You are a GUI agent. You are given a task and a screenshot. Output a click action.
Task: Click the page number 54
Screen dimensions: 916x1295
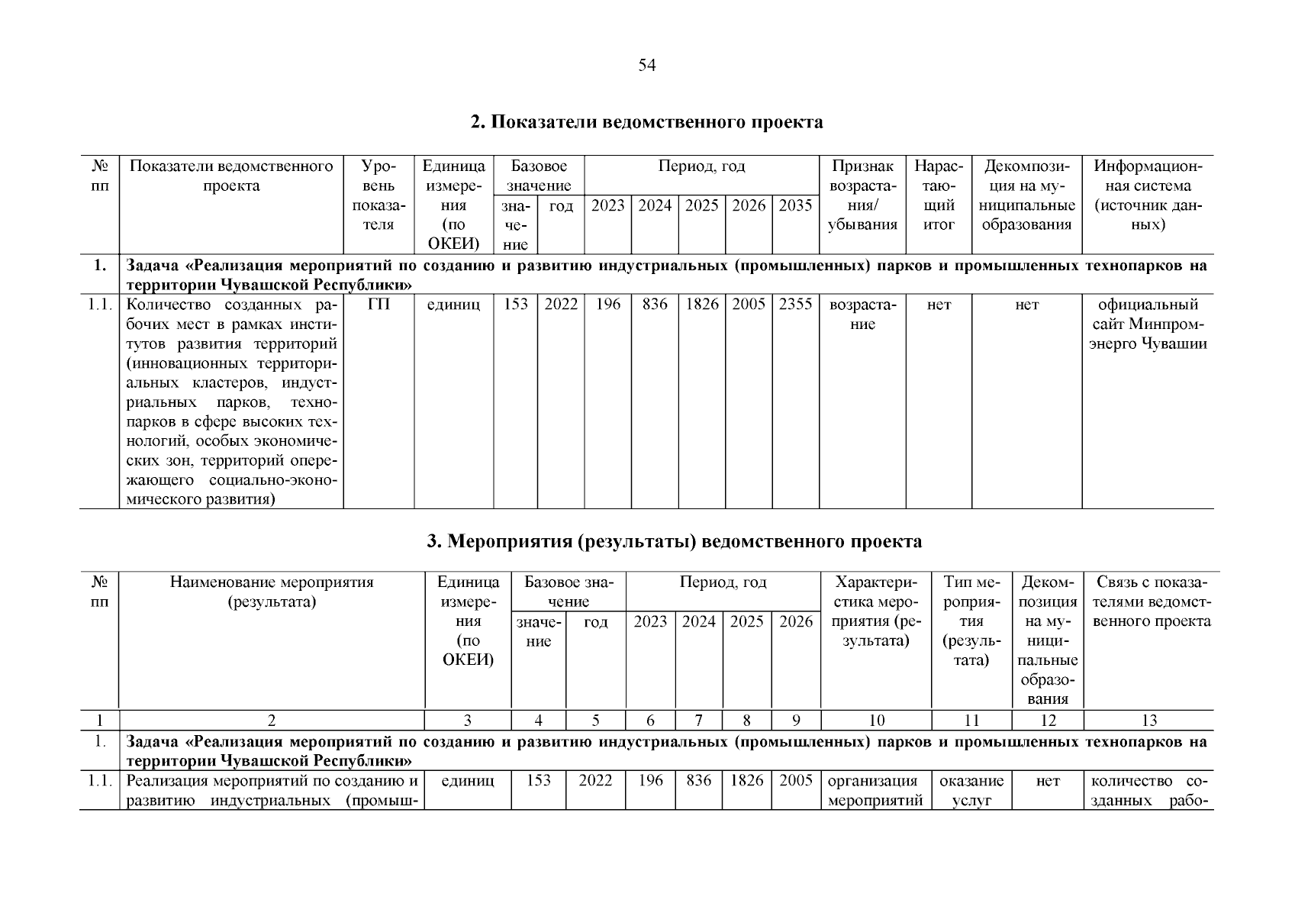647,66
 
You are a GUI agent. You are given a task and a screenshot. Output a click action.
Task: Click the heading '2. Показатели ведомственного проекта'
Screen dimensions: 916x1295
647,122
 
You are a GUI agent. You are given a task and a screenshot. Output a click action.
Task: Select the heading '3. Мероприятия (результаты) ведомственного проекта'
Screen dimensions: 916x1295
674,542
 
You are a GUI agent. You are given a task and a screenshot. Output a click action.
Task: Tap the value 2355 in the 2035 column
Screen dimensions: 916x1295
795,304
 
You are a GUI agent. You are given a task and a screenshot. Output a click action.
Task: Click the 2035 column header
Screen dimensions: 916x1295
795,205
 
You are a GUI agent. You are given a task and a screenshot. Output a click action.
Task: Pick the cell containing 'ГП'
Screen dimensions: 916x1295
379,304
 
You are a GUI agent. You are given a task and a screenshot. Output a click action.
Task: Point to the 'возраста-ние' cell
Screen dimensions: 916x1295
862,314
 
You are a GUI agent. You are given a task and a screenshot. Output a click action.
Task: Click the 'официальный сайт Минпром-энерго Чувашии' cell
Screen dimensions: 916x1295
1148,324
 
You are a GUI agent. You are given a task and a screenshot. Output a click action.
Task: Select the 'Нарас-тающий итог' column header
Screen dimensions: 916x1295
939,195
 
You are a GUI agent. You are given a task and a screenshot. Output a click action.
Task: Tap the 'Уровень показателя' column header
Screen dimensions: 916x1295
379,195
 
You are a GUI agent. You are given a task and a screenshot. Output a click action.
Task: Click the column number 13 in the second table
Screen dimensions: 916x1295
1148,720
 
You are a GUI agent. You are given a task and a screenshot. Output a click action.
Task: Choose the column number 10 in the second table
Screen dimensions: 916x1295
876,720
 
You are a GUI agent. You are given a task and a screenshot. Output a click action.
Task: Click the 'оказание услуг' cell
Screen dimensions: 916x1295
971,791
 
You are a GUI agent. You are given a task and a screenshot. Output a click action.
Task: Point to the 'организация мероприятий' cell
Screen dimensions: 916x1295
875,791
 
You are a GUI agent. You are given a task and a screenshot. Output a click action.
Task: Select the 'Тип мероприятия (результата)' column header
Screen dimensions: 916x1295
971,621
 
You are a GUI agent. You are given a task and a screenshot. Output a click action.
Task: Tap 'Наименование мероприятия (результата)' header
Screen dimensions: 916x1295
272,592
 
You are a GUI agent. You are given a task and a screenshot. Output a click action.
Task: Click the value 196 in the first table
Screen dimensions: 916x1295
608,304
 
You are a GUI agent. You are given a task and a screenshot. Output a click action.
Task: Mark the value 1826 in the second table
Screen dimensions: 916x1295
746,781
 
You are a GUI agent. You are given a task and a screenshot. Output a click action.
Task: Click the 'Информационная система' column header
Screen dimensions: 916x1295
1148,195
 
